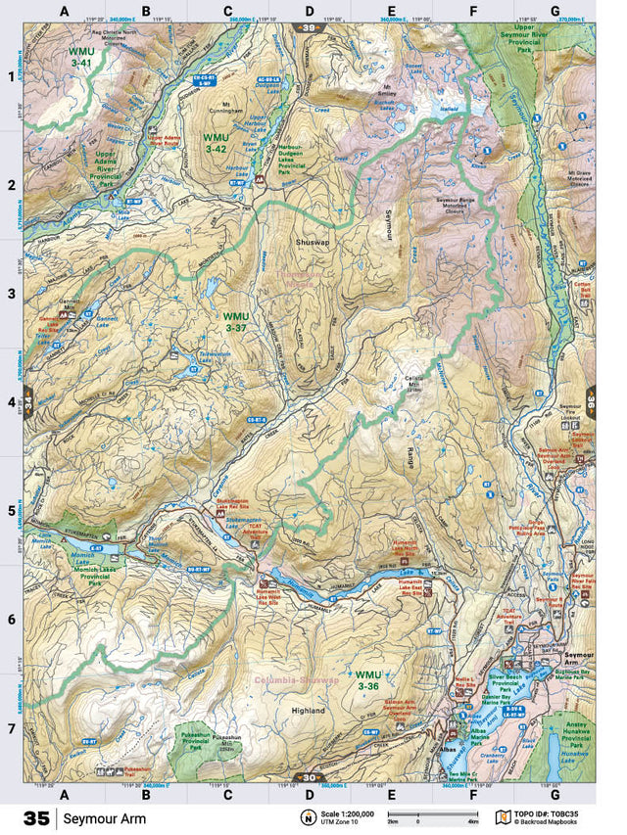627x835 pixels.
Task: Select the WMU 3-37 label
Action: tap(236, 322)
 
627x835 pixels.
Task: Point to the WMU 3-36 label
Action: tap(368, 680)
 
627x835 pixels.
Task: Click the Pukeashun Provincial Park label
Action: tap(198, 739)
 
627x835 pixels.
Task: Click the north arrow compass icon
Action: tap(308, 817)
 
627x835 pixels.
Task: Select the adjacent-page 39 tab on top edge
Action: tap(309, 27)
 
